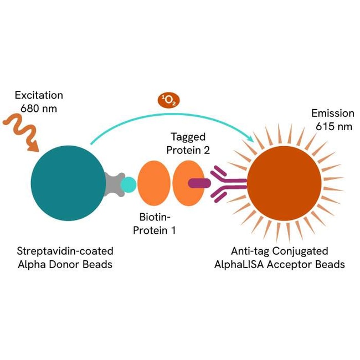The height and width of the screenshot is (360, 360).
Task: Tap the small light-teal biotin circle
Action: tap(128, 184)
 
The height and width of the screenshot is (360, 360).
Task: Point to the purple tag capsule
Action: tap(199, 183)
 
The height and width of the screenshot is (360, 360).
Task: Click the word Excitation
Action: tap(39, 95)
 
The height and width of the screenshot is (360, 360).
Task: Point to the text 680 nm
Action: tap(39, 108)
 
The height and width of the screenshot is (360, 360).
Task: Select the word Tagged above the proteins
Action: tap(188, 137)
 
